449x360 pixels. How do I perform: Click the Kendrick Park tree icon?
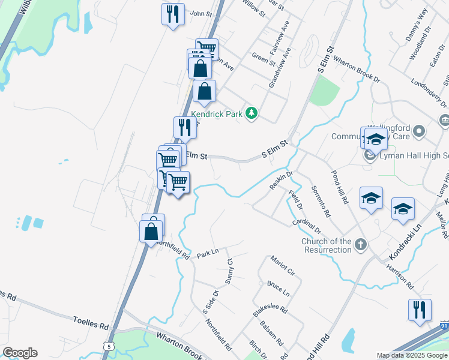pos(253,113)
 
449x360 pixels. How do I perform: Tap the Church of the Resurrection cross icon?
pos(360,244)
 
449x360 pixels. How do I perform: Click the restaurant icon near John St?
pos(173,14)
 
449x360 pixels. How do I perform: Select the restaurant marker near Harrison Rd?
pos(420,310)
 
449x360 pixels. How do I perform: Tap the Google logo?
pos(20,353)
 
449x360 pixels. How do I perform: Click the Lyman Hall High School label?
pos(414,156)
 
